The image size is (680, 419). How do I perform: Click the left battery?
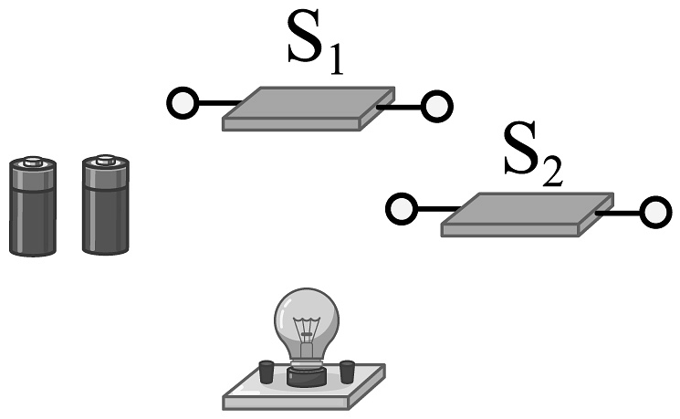[x=33, y=207]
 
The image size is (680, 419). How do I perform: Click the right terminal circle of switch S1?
[x=436, y=106]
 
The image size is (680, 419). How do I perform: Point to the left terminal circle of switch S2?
[x=401, y=210]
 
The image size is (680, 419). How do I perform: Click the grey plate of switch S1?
[x=309, y=108]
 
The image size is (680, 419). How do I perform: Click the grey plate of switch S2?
[x=527, y=215]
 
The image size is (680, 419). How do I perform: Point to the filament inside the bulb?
[x=306, y=329]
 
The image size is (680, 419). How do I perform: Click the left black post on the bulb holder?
[x=266, y=372]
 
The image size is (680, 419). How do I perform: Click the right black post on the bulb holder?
[x=346, y=372]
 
